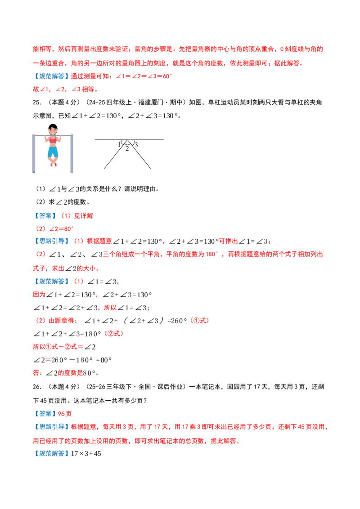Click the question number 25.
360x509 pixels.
click(x=37, y=103)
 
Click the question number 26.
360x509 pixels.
click(x=37, y=387)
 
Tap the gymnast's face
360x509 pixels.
click(x=53, y=131)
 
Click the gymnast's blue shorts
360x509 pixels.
click(x=53, y=151)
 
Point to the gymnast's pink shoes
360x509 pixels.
click(x=53, y=164)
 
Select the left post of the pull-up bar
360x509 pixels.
click(x=34, y=153)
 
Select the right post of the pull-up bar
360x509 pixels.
click(x=72, y=153)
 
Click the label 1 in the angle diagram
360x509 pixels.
click(x=119, y=144)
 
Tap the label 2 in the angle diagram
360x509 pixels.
click(x=127, y=149)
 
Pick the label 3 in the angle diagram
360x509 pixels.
click(x=136, y=145)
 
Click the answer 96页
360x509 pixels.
click(x=65, y=414)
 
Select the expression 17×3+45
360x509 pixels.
click(x=86, y=454)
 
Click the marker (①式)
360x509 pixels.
click(x=199, y=321)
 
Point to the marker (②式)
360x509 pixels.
click(x=114, y=334)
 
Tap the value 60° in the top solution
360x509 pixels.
click(x=167, y=76)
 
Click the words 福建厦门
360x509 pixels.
click(x=151, y=103)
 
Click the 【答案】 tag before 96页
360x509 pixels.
click(x=45, y=414)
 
